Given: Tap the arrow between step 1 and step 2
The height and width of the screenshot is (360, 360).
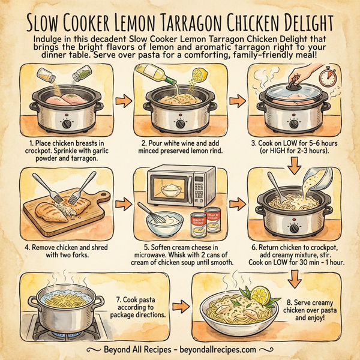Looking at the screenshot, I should (119, 99).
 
